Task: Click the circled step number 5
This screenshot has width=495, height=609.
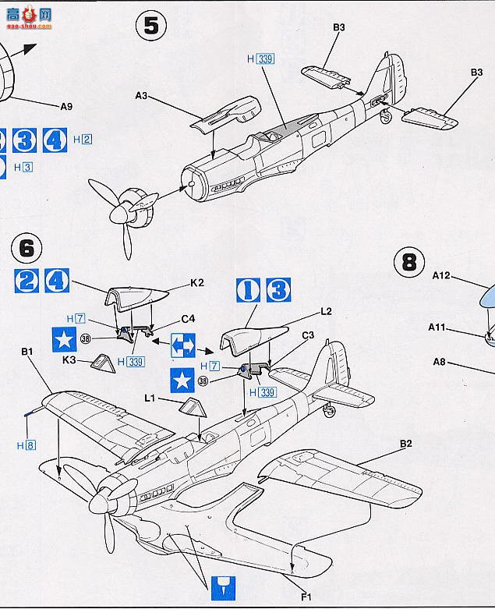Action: coord(151,27)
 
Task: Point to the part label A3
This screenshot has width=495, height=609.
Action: coord(141,95)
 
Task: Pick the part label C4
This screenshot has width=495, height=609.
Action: coord(188,318)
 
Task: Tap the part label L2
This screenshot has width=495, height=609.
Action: coord(326,311)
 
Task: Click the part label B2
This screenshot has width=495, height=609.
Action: coord(405,444)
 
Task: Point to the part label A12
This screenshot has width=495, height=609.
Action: coord(442,275)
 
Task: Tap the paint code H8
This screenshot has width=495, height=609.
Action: coord(26,445)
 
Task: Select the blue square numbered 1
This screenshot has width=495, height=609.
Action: coord(250,290)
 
